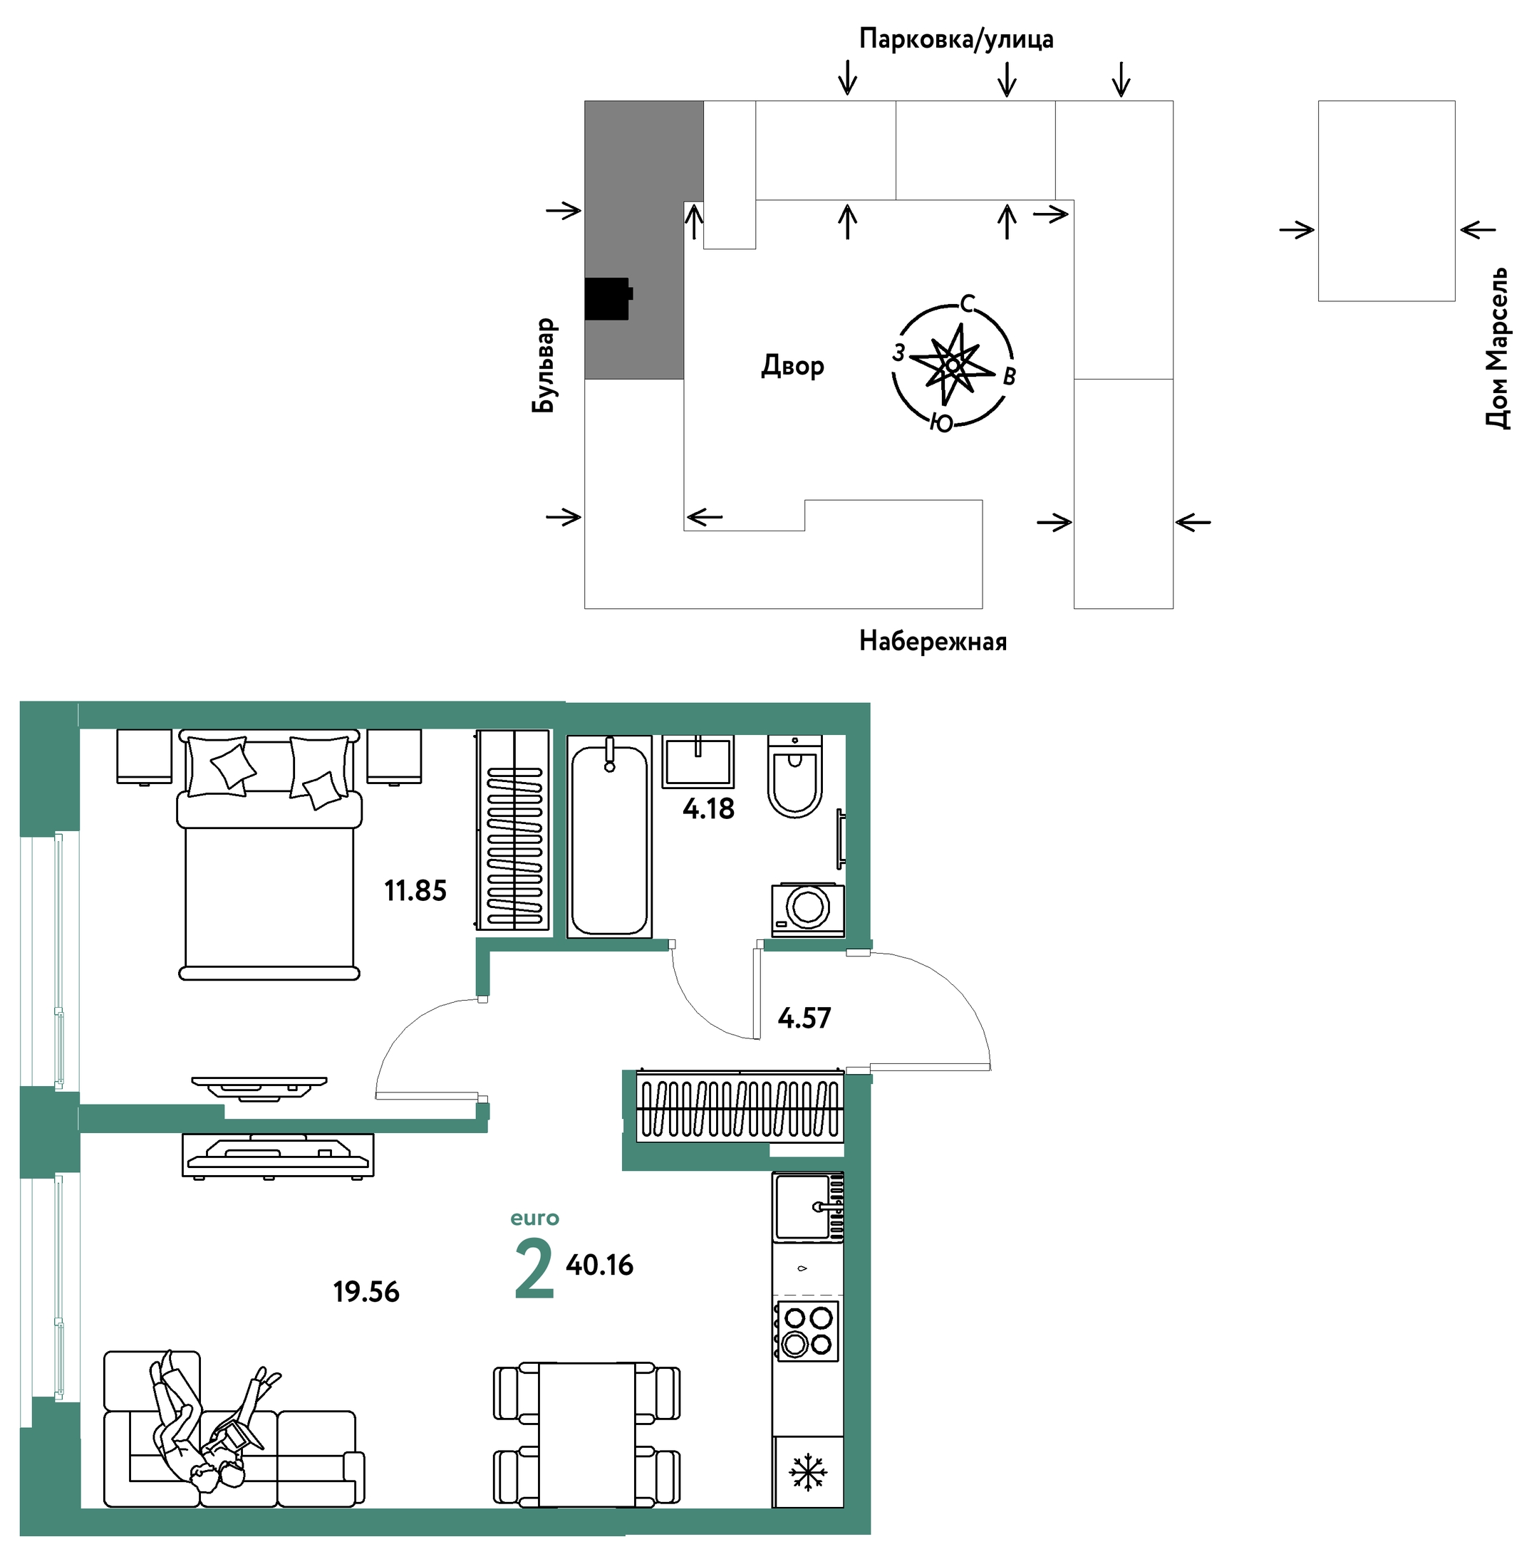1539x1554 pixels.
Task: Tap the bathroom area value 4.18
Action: pyautogui.click(x=708, y=808)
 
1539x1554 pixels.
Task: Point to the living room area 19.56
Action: pyautogui.click(x=366, y=1292)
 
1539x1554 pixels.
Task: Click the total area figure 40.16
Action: pyautogui.click(x=599, y=1266)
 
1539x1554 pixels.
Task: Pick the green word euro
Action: pyautogui.click(x=534, y=1218)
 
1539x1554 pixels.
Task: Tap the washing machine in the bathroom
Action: pyautogui.click(x=808, y=909)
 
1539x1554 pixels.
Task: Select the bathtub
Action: pyautogui.click(x=609, y=837)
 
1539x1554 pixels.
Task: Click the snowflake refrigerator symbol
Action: pyautogui.click(x=808, y=1472)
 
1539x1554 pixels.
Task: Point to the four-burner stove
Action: pyautogui.click(x=807, y=1331)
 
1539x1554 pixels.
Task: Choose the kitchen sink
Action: pyautogui.click(x=809, y=1206)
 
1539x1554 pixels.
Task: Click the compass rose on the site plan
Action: pyautogui.click(x=953, y=365)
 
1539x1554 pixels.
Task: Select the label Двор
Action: pyautogui.click(x=792, y=366)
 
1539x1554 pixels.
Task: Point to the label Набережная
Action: pyautogui.click(x=933, y=641)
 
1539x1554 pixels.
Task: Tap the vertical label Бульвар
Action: pyautogui.click(x=544, y=365)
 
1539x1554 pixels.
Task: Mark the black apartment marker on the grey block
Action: pyautogui.click(x=608, y=298)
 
